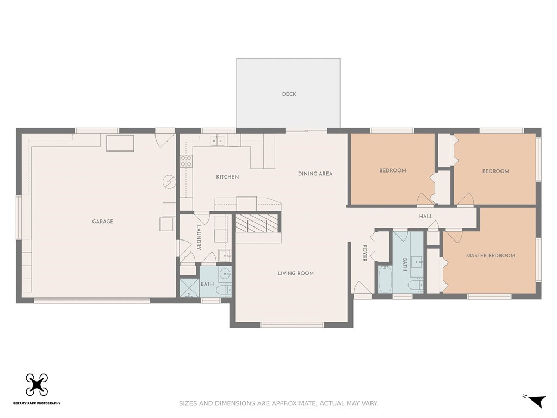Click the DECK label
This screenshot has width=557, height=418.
(289, 94)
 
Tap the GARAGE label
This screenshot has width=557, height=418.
(103, 222)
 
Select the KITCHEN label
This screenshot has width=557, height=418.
(227, 177)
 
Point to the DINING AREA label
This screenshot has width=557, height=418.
(315, 174)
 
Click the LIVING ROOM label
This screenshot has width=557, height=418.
(295, 273)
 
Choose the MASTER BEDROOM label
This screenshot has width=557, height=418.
(491, 256)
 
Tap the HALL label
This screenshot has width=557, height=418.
(426, 216)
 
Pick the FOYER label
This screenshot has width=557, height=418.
(364, 253)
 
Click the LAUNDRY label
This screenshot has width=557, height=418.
(199, 237)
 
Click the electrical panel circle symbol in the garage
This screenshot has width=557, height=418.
(169, 182)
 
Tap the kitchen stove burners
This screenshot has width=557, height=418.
(186, 161)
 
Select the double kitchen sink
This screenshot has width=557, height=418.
(218, 140)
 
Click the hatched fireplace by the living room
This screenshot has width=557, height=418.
(257, 223)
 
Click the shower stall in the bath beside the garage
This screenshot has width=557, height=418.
(189, 288)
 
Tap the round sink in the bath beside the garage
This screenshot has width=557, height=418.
(225, 274)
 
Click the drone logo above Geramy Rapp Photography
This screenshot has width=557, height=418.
(36, 385)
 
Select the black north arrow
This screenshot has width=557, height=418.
(536, 401)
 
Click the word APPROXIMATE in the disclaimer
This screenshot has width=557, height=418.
(293, 403)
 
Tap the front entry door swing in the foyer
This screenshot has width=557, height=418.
(362, 287)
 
